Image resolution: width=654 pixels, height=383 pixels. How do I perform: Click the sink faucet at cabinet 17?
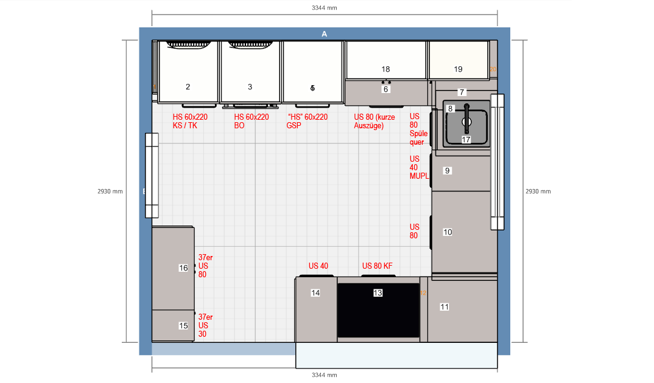click(466, 118)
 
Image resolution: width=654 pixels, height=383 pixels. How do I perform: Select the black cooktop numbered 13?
click(378, 310)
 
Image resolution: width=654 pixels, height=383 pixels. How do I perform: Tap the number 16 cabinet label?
click(183, 268)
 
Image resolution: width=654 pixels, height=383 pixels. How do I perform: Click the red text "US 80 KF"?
click(377, 266)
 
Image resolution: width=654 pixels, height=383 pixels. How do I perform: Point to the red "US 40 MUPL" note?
click(419, 167)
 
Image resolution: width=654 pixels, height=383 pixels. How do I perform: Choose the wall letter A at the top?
click(324, 34)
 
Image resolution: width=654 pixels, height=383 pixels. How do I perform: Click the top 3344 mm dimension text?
click(324, 8)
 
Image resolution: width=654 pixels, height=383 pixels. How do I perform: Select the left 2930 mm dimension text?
click(110, 191)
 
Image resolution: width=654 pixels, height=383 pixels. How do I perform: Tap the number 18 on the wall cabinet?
click(386, 69)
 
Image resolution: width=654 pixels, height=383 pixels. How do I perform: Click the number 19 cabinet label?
click(458, 69)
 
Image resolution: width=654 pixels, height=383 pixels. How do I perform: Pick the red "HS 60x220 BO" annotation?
click(251, 121)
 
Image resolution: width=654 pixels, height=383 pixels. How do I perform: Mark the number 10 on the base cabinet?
click(448, 232)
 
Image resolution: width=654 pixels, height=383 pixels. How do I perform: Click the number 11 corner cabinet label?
click(445, 307)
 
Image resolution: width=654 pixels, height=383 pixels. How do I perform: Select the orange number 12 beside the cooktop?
click(423, 293)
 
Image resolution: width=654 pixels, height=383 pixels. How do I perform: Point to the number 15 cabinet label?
click(183, 326)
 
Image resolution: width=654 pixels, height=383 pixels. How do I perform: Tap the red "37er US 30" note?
click(205, 326)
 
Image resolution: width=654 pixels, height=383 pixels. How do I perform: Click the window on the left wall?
click(152, 176)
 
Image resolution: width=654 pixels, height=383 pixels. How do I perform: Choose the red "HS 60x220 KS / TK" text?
click(190, 121)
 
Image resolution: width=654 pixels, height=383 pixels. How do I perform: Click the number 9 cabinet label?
click(447, 171)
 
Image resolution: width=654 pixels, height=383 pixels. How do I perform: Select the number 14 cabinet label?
click(315, 293)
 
